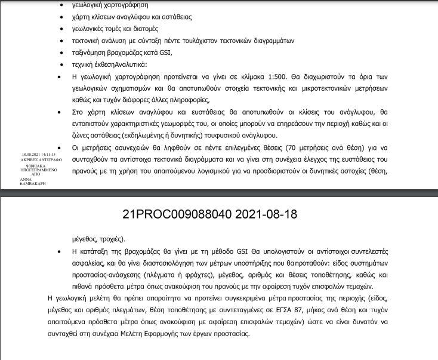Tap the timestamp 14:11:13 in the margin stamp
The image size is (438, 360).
click(45, 153)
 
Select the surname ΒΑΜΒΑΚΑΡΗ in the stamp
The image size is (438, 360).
click(32, 182)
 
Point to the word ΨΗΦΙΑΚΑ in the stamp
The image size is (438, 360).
click(28, 164)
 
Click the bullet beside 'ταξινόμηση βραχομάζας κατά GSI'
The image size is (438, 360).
click(57, 53)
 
